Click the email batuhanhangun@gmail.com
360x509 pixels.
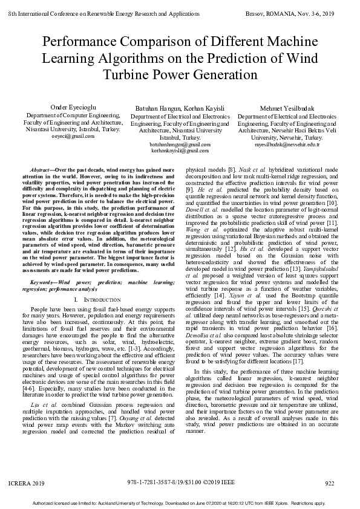click(180, 145)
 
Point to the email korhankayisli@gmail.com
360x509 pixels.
click(180, 151)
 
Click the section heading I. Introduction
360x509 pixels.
click(96, 300)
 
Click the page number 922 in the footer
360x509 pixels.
click(330, 484)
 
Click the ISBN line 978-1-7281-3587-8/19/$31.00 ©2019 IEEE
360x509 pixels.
click(180, 484)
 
